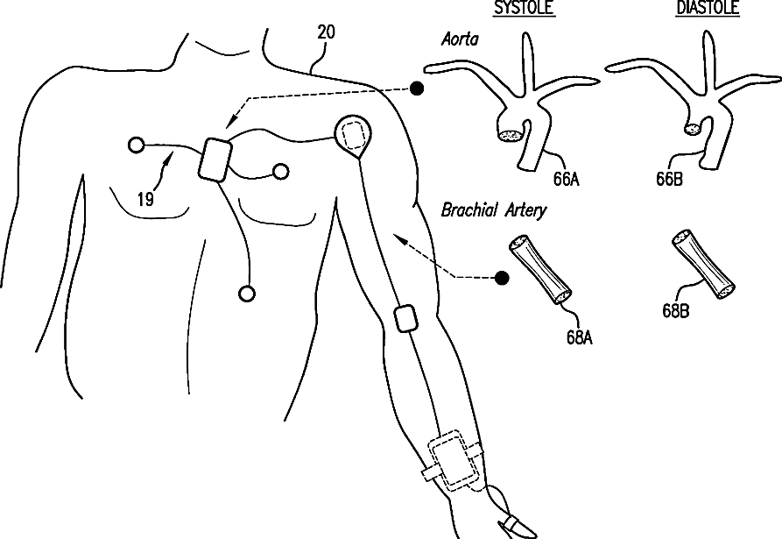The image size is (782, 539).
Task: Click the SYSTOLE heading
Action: (525, 9)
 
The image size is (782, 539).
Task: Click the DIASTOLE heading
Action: (708, 9)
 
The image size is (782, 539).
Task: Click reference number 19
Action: (146, 200)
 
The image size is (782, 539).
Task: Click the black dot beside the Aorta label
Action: (419, 88)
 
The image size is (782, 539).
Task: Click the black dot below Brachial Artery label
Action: (503, 278)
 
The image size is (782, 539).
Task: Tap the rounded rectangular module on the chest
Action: (214, 160)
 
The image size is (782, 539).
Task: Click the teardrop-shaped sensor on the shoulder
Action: (354, 135)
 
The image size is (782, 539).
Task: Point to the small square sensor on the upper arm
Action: (405, 318)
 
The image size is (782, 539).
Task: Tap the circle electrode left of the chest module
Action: (135, 145)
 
